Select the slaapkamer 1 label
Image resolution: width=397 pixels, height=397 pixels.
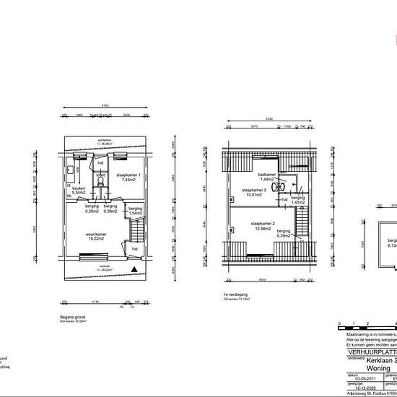click(x=129, y=176)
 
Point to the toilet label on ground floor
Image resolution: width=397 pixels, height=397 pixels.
click(x=101, y=175)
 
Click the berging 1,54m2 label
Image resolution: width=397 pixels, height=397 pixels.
click(x=136, y=210)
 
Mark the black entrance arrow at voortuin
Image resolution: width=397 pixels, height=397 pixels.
click(x=135, y=270)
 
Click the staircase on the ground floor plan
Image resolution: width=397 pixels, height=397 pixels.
click(x=135, y=232)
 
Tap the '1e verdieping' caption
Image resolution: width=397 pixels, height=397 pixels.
click(x=235, y=295)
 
